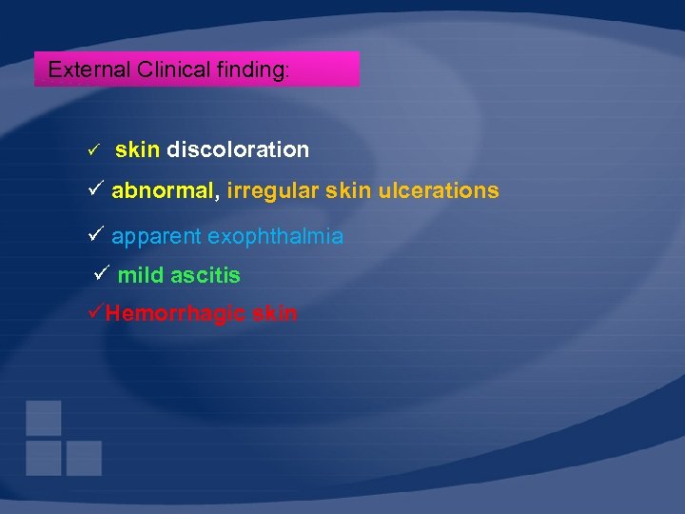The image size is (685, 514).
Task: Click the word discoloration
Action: (x=238, y=149)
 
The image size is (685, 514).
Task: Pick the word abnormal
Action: (x=163, y=190)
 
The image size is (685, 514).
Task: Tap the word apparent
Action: (x=156, y=235)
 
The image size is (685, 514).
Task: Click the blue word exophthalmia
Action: (x=276, y=235)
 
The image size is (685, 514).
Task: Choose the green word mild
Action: (x=142, y=276)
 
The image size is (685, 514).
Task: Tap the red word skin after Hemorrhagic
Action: (x=275, y=313)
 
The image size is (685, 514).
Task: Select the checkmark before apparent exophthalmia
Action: (x=94, y=234)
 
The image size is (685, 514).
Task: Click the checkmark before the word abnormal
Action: (x=94, y=189)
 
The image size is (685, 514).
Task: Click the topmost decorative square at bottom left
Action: (x=44, y=418)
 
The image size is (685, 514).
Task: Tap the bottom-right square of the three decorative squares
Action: (x=84, y=458)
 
